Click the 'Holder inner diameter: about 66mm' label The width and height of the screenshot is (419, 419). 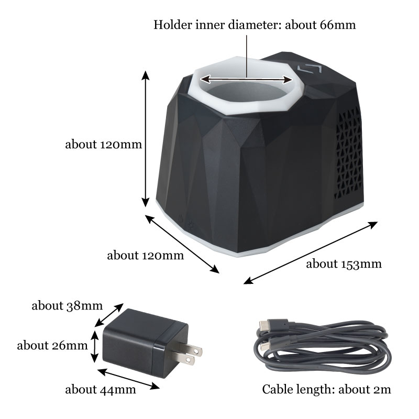[x=255, y=25]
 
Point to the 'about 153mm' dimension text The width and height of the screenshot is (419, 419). [x=344, y=263]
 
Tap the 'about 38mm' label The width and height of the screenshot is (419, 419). [x=67, y=305]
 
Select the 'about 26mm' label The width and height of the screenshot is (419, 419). [x=52, y=345]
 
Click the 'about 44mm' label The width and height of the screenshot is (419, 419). [x=100, y=390]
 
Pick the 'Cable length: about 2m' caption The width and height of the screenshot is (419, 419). [x=326, y=390]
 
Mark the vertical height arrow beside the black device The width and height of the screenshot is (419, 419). [x=146, y=139]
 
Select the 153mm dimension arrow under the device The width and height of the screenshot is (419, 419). [x=311, y=252]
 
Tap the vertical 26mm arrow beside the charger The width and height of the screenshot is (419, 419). [x=94, y=346]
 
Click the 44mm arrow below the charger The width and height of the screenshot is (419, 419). [x=129, y=378]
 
